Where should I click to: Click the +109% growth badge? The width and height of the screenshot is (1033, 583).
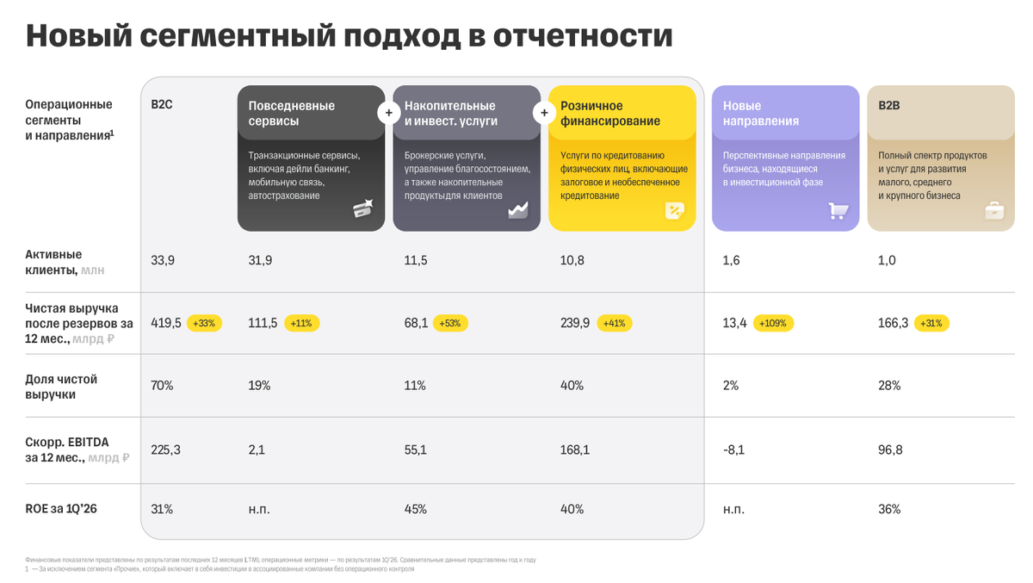(773, 323)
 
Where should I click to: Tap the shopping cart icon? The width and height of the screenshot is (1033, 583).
(838, 211)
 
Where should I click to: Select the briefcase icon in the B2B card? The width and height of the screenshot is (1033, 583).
(994, 211)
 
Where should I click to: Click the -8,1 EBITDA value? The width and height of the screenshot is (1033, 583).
(733, 450)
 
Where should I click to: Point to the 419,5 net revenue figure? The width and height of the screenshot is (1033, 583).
(166, 323)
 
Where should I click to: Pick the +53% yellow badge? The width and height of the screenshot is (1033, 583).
(450, 323)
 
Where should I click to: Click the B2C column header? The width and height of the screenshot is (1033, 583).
(162, 105)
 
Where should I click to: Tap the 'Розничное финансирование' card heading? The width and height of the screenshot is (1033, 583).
(610, 113)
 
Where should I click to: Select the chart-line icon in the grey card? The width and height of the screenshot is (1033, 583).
(518, 210)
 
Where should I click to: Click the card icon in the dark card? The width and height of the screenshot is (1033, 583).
(363, 208)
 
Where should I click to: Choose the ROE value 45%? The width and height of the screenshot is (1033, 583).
(416, 509)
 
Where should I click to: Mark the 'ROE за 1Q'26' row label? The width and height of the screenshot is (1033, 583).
(61, 509)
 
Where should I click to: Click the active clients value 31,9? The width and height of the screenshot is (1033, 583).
(260, 261)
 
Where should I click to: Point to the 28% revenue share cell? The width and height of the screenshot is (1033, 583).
(889, 386)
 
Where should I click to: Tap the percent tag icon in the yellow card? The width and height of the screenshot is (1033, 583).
(674, 211)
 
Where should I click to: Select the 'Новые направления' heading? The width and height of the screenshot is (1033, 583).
(761, 113)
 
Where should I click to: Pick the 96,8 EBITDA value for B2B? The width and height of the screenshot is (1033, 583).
(890, 450)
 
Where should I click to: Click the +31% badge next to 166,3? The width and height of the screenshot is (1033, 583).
(931, 323)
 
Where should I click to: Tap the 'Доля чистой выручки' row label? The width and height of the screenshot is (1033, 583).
(61, 387)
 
